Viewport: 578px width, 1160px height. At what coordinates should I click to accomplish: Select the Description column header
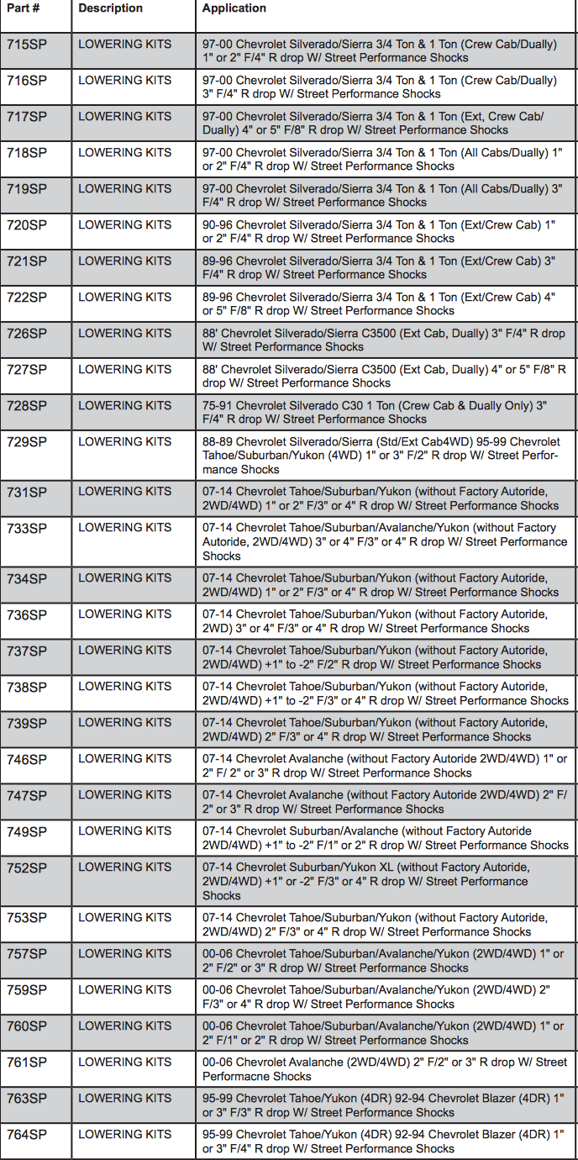click(110, 8)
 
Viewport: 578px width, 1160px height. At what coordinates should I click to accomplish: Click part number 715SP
click(27, 45)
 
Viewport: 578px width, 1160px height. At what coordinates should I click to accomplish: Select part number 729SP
click(27, 442)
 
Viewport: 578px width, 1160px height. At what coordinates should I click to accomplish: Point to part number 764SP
click(27, 1135)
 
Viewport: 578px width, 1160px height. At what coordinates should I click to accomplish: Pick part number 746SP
click(27, 760)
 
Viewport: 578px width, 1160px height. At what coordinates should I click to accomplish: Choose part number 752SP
click(27, 868)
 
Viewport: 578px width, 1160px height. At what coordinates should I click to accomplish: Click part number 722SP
click(27, 298)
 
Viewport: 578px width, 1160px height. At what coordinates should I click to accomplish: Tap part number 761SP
click(27, 1062)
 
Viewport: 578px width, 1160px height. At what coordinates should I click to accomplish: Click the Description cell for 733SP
click(124, 528)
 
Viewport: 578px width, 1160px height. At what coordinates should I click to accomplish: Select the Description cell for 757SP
click(124, 954)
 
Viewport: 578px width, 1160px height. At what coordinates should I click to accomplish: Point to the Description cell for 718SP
click(124, 153)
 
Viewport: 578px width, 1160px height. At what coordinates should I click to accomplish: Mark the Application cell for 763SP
click(383, 1105)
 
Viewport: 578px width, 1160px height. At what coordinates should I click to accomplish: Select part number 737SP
click(27, 651)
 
